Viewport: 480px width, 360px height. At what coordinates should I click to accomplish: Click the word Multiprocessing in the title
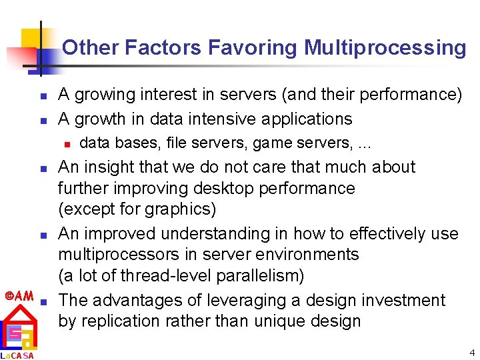(385, 48)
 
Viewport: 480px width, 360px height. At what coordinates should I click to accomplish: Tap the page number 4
(472, 353)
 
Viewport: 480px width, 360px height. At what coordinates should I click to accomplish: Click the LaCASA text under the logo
(18, 355)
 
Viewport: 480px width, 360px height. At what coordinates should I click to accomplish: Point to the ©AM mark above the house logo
(19, 295)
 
